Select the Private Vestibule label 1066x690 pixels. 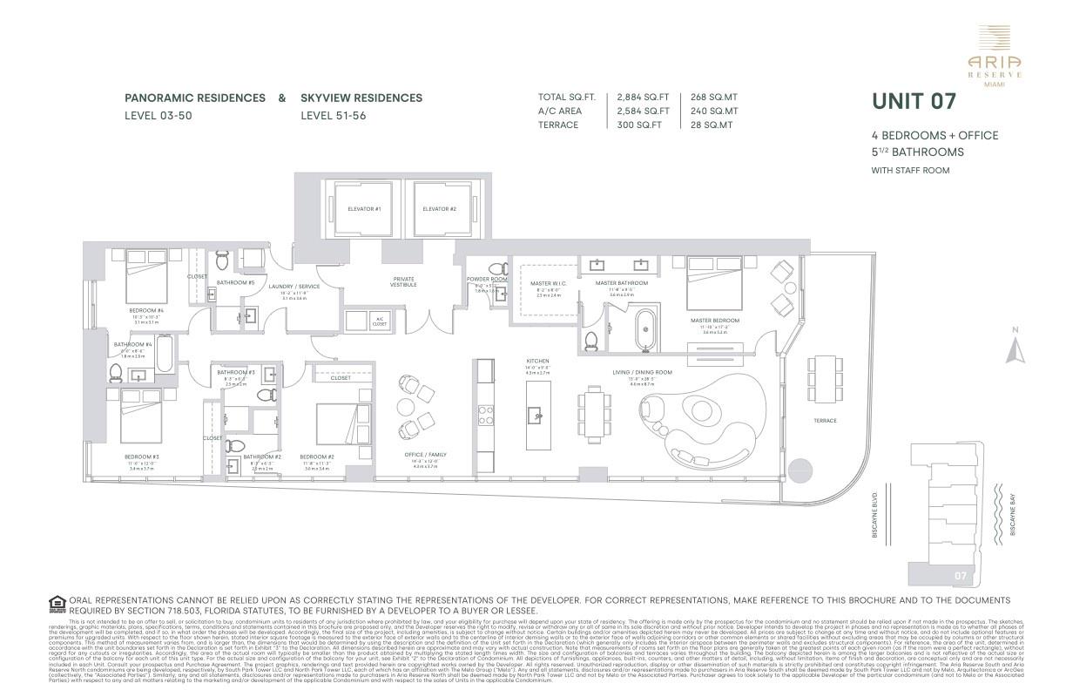(403, 281)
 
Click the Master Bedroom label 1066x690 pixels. (714, 320)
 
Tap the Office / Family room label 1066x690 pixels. (425, 454)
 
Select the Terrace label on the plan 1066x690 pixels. (825, 421)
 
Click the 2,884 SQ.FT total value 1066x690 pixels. (643, 97)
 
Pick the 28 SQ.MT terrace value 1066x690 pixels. (712, 125)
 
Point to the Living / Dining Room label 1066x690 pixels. (642, 372)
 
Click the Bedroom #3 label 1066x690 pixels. (141, 457)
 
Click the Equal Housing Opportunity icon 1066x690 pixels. (57, 602)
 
